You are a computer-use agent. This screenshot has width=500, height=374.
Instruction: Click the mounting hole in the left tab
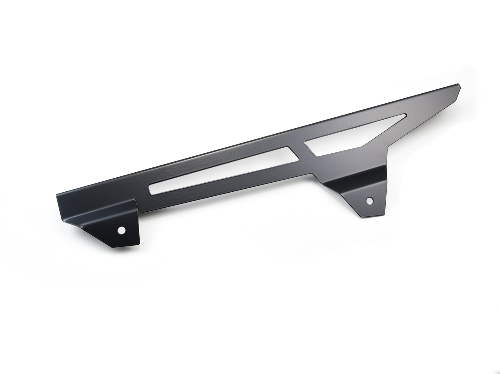click(121, 230)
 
